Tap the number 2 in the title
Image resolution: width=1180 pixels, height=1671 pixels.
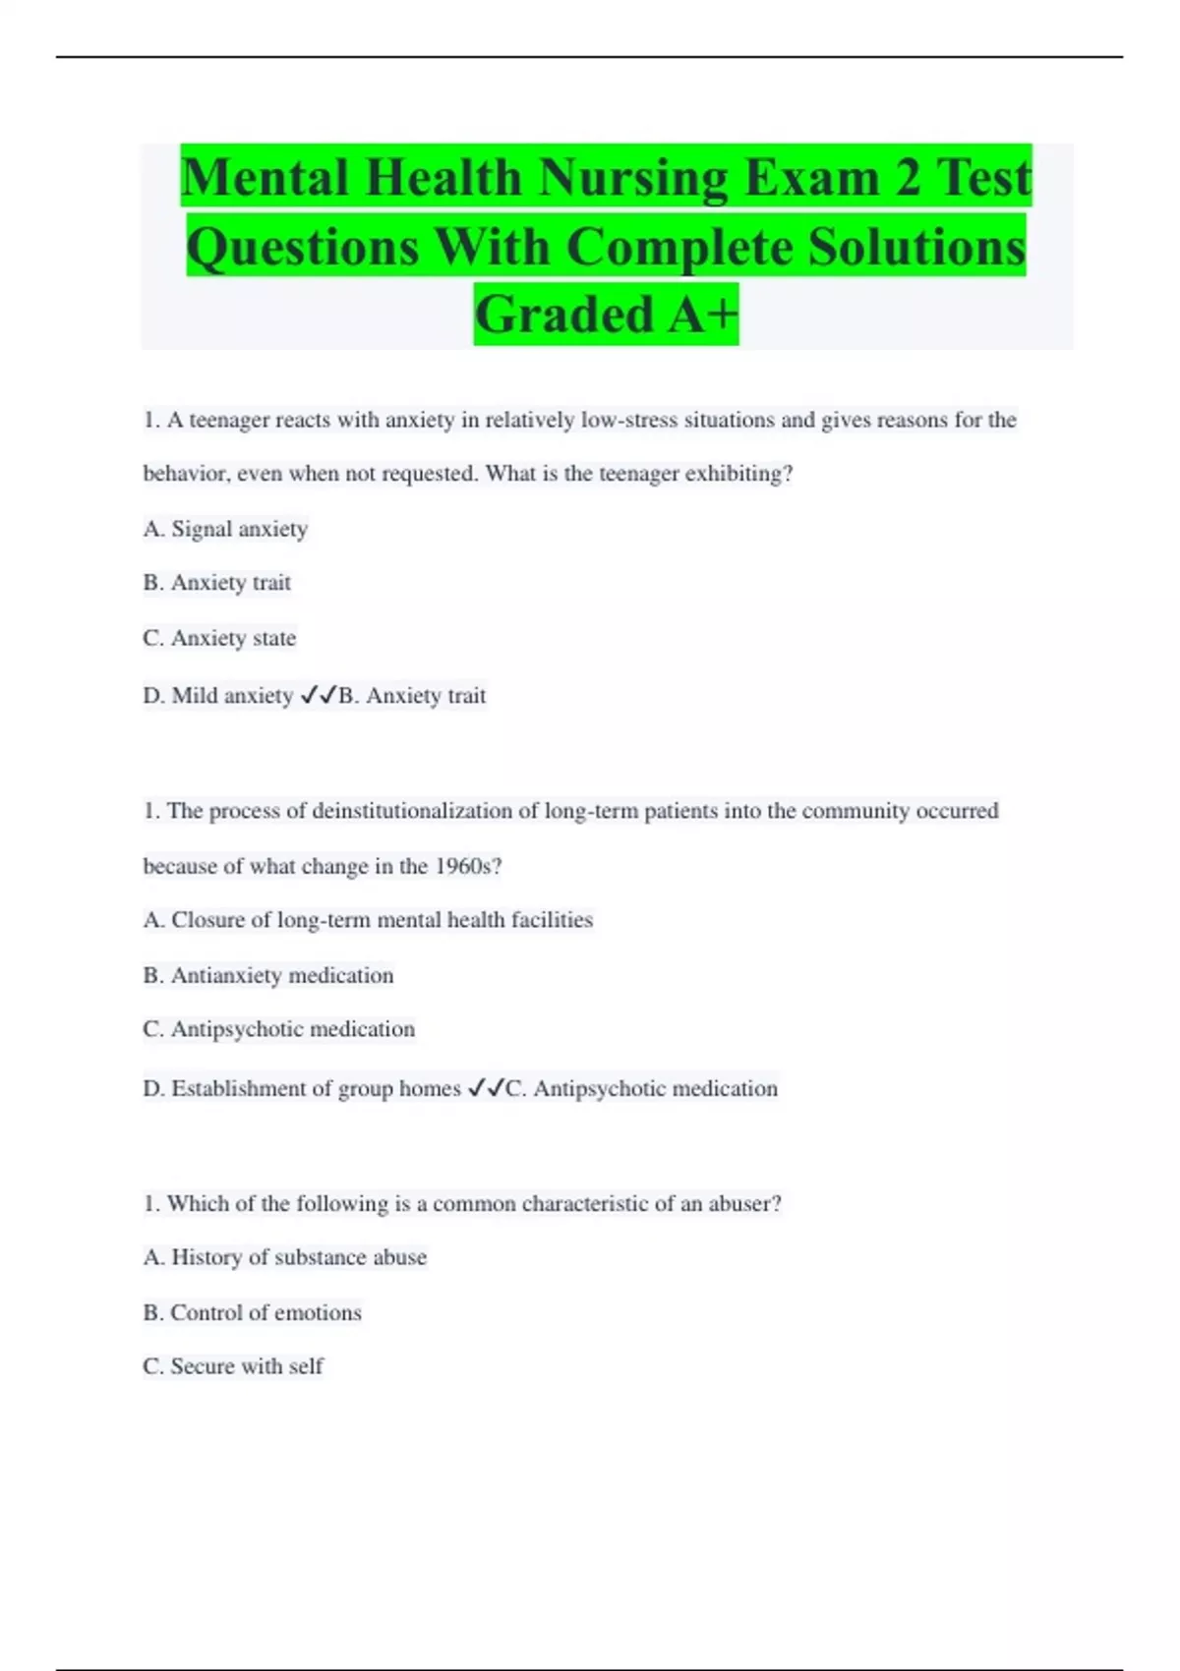click(908, 178)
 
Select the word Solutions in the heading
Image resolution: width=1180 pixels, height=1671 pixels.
click(916, 247)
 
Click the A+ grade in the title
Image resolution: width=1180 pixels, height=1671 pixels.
click(702, 315)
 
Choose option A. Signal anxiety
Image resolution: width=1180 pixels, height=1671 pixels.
click(225, 529)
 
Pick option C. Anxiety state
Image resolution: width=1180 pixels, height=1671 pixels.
click(219, 638)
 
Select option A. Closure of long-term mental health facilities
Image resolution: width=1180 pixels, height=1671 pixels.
click(368, 920)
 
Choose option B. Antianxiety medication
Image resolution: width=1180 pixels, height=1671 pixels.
click(268, 975)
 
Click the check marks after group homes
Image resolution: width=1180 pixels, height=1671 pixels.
click(485, 1088)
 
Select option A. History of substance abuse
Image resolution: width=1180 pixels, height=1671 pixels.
click(285, 1257)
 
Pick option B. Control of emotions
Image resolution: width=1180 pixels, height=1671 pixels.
click(253, 1312)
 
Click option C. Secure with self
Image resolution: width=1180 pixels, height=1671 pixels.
click(233, 1366)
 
